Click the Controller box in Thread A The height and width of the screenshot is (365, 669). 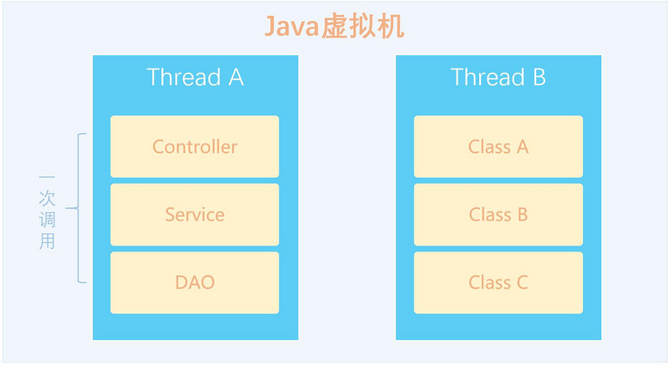point(195,146)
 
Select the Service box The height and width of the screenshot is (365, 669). point(195,215)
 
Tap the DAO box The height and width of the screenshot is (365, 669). point(195,283)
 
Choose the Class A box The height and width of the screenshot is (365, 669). point(498,146)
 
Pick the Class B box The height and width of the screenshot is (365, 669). point(498,215)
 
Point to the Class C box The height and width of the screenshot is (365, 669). point(498,283)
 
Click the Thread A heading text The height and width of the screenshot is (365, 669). point(195,77)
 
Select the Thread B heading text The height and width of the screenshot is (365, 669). point(498,77)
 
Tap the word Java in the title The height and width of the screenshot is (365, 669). point(292,27)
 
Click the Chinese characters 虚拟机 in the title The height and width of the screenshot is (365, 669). point(362,27)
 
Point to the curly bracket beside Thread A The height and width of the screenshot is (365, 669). point(78,208)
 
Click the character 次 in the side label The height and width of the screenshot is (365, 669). point(47,198)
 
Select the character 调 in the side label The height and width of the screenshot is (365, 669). point(47,220)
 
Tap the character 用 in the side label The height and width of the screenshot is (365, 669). point(47,241)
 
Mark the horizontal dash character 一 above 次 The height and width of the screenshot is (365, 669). point(47,176)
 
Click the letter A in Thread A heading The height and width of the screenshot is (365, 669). point(236,78)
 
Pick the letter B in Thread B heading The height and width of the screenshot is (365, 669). point(539,78)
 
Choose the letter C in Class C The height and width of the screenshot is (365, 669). point(522,282)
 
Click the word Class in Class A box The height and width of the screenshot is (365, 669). point(489,147)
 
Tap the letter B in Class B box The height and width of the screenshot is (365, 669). point(523,215)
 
